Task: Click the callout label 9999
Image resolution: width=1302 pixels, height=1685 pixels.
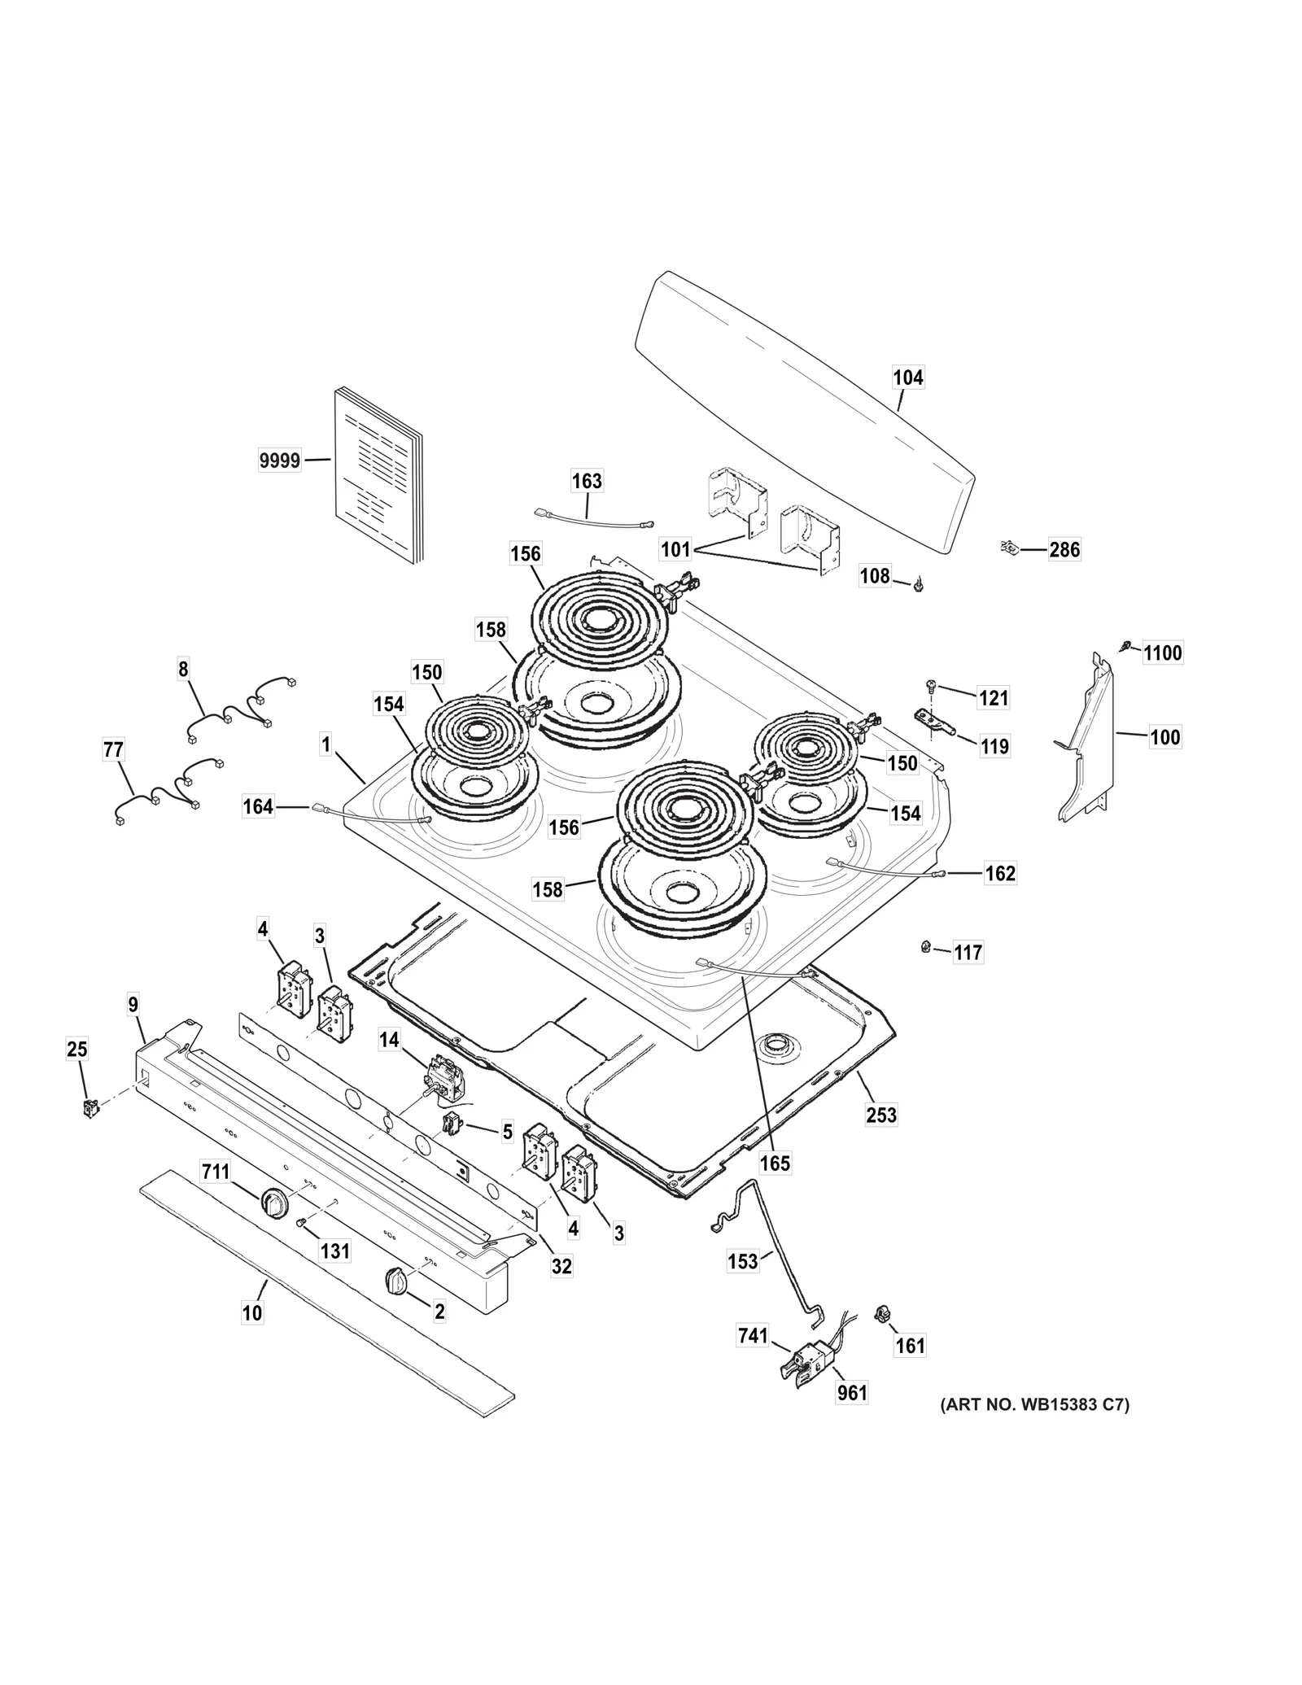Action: pos(279,461)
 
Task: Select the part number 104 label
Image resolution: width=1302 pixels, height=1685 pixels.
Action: pos(908,378)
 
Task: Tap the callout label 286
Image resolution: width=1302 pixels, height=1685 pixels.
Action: pos(1064,550)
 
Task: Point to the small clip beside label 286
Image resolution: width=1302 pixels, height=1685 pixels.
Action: pos(1009,548)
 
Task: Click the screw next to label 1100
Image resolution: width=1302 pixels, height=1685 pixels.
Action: pos(1125,646)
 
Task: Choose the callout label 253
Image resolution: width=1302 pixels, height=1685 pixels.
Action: pos(880,1114)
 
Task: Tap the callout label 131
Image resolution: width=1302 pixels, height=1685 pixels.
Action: pos(334,1251)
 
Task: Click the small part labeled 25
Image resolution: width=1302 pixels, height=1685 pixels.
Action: pos(91,1107)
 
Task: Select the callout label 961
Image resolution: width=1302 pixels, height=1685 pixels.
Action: pos(852,1393)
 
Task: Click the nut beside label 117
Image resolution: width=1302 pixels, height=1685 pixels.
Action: pos(925,945)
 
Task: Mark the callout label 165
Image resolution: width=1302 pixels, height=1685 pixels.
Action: pos(775,1163)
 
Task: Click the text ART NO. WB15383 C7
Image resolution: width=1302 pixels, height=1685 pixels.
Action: pos(1034,1405)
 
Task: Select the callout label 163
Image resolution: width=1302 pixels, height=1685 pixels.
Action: pos(586,481)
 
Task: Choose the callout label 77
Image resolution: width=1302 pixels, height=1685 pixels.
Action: pos(113,750)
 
